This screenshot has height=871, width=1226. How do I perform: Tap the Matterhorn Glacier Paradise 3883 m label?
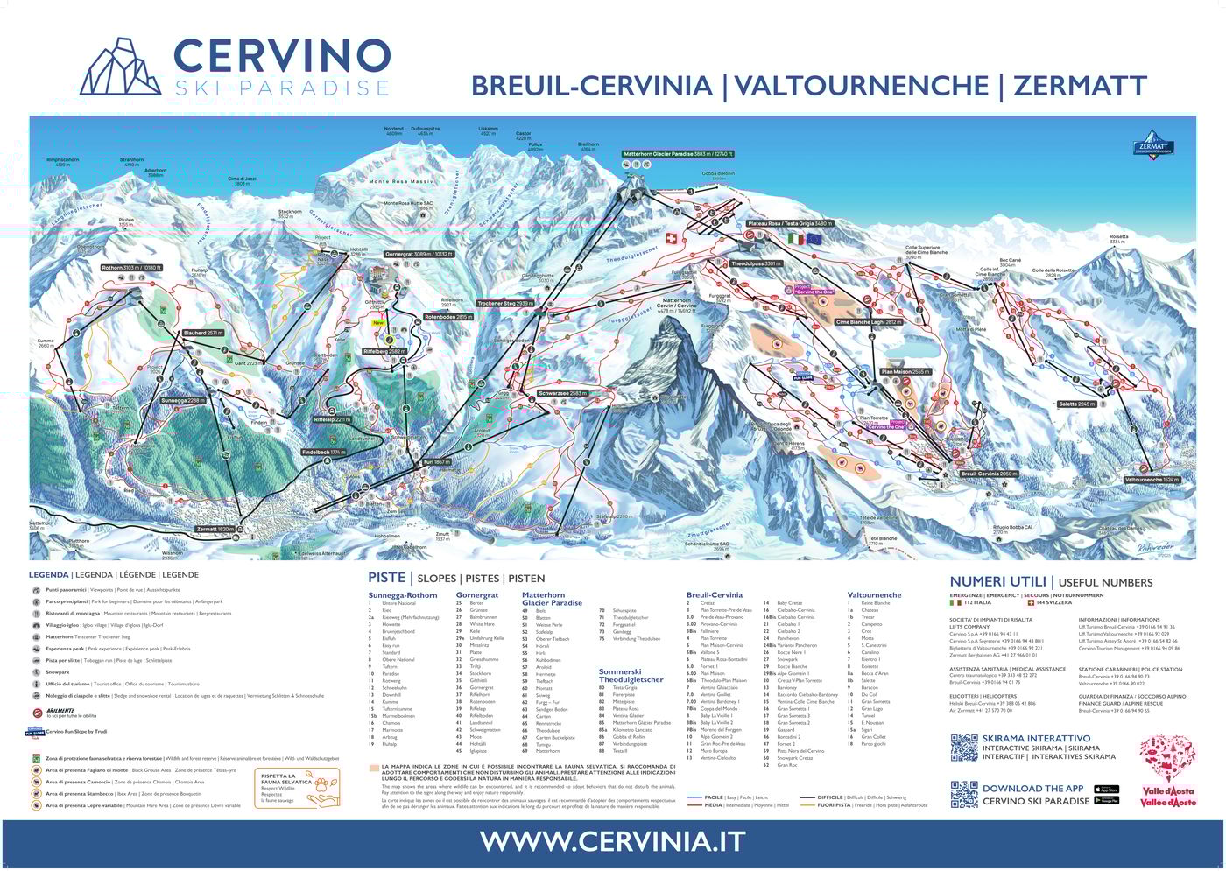tap(678, 154)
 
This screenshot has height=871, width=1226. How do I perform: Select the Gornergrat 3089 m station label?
tap(419, 254)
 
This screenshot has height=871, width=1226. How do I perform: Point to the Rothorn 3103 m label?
tap(132, 268)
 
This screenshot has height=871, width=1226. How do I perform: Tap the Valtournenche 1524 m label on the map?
tap(1151, 480)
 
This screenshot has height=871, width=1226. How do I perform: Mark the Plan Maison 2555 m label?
tap(905, 372)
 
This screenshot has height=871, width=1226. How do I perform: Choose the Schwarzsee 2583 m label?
tap(562, 394)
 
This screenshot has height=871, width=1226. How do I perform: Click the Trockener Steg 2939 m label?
tap(505, 303)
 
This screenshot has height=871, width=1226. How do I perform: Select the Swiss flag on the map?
tap(672, 238)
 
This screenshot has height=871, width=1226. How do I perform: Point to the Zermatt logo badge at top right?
tap(1152, 145)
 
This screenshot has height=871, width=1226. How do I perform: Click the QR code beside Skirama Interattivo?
tap(963, 748)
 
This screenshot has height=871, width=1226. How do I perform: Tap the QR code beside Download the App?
tap(963, 794)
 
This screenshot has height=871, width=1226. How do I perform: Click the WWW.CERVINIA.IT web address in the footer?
tap(612, 841)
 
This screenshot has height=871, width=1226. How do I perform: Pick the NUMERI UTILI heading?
tap(998, 581)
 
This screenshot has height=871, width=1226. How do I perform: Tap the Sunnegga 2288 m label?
tap(183, 400)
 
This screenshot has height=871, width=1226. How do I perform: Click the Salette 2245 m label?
tap(1077, 404)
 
